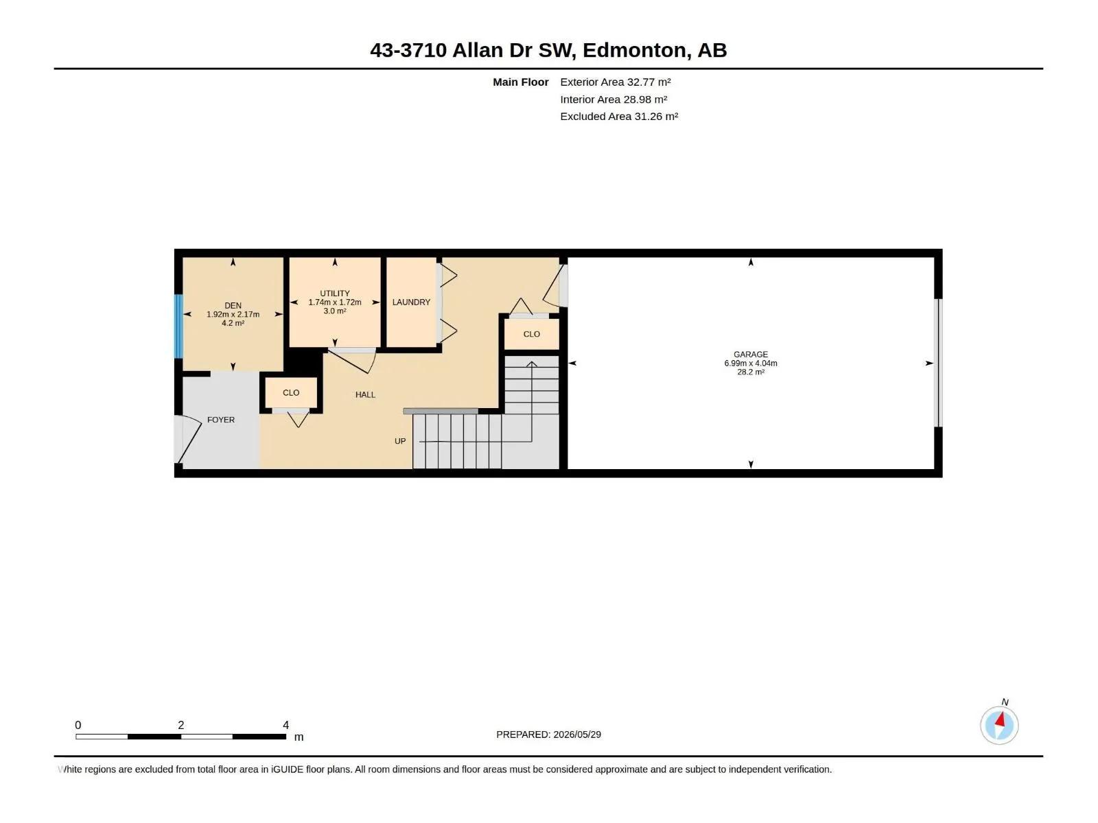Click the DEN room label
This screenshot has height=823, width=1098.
pyautogui.click(x=233, y=305)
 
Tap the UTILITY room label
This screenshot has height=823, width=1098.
pyautogui.click(x=335, y=294)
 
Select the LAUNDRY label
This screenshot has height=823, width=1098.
pyautogui.click(x=411, y=302)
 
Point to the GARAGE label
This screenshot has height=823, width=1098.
pyautogui.click(x=750, y=355)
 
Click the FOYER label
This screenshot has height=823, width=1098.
pyautogui.click(x=220, y=420)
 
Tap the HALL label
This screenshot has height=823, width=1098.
pyautogui.click(x=365, y=395)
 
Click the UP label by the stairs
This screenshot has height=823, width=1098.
pyautogui.click(x=400, y=441)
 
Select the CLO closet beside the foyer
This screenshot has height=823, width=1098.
pyautogui.click(x=291, y=393)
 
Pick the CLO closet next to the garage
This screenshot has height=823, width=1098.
pyautogui.click(x=531, y=334)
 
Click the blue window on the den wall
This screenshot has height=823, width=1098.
pyautogui.click(x=178, y=326)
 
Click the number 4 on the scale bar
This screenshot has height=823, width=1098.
pyautogui.click(x=285, y=725)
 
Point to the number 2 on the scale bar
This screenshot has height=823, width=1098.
pyautogui.click(x=181, y=725)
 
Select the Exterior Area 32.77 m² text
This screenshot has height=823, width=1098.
pyautogui.click(x=616, y=82)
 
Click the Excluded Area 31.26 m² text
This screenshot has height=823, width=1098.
pyautogui.click(x=619, y=117)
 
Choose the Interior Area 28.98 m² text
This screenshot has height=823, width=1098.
pyautogui.click(x=614, y=99)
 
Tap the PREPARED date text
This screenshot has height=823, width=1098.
pyautogui.click(x=548, y=735)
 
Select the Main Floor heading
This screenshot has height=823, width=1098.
pyautogui.click(x=520, y=82)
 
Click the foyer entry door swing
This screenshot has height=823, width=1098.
pyautogui.click(x=187, y=439)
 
